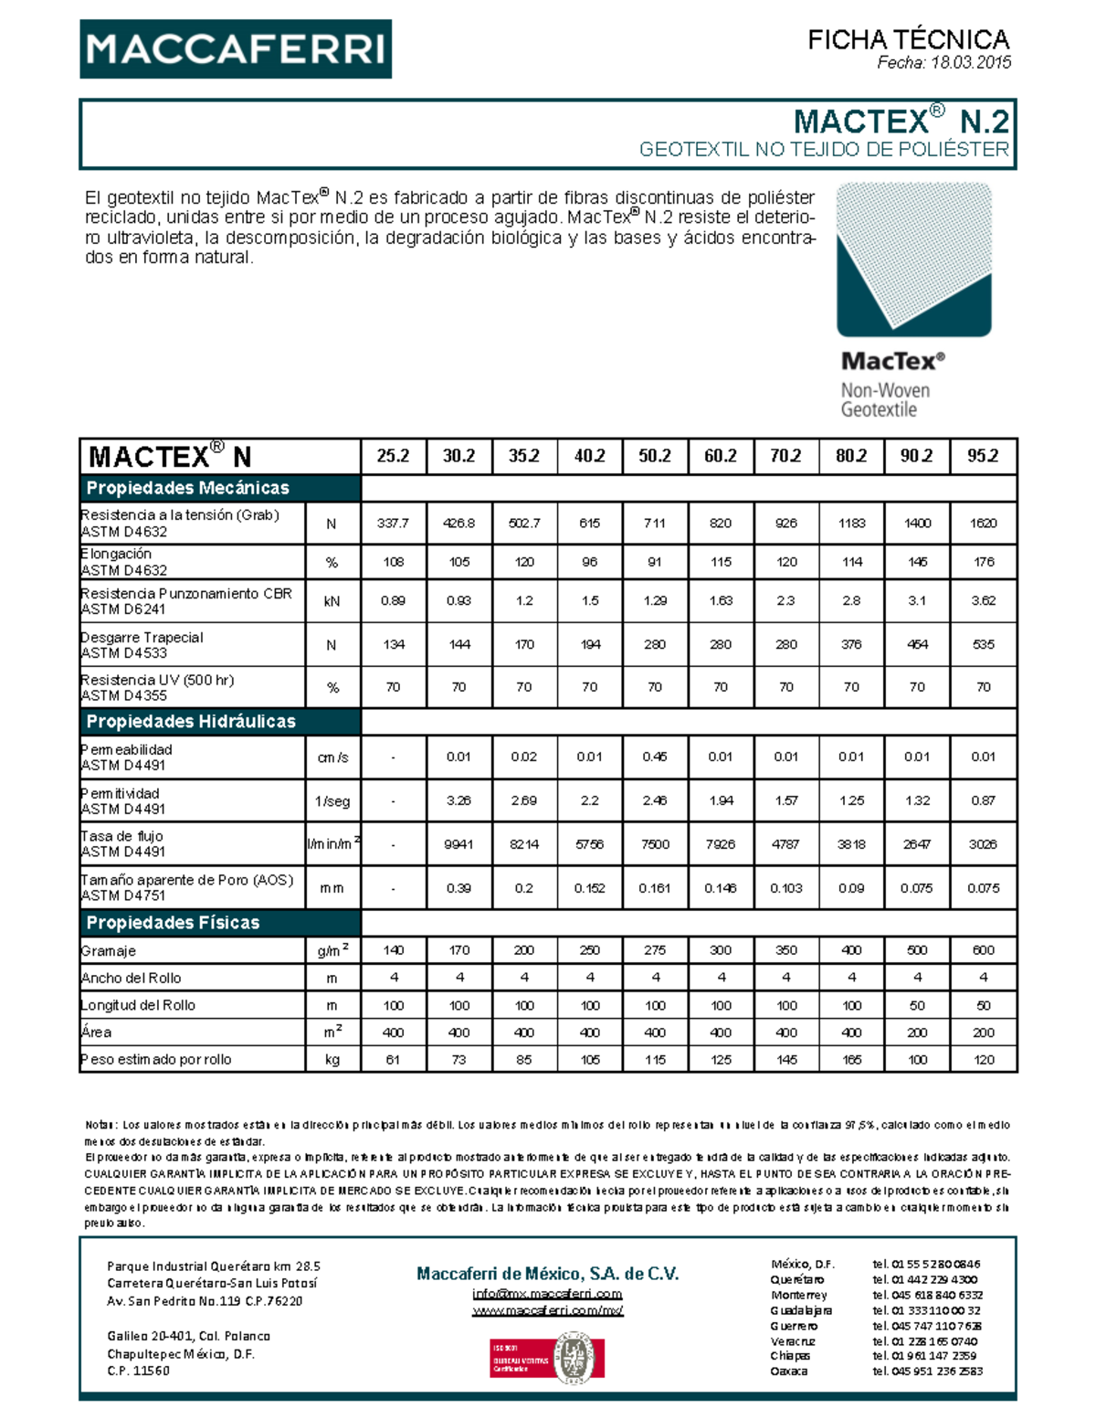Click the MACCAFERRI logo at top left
(x=236, y=48)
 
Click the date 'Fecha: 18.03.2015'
(x=943, y=63)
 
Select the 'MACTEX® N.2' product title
(x=901, y=122)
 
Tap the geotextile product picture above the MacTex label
(x=913, y=259)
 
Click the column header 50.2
(x=654, y=456)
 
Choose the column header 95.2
(x=983, y=456)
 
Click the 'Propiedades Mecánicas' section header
(x=187, y=488)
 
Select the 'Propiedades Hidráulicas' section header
(x=191, y=722)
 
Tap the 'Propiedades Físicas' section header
(x=173, y=923)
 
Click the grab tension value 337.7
(x=393, y=524)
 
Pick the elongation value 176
(x=983, y=562)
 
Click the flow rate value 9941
(x=458, y=844)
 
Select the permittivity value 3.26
(x=458, y=800)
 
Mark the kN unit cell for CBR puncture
(x=332, y=601)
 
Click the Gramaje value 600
(x=983, y=950)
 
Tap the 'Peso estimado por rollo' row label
(x=156, y=1060)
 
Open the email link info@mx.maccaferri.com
(x=547, y=1294)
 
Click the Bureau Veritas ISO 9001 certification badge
(x=547, y=1357)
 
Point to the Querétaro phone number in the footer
(x=924, y=1279)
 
